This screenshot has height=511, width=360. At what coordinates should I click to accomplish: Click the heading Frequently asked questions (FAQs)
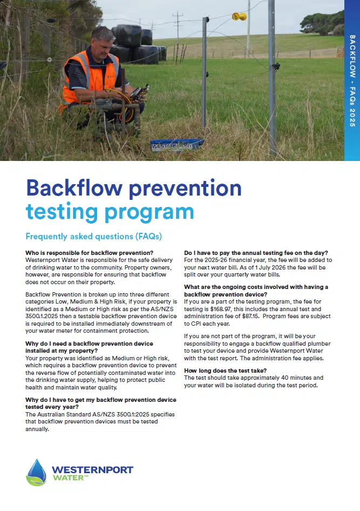94,237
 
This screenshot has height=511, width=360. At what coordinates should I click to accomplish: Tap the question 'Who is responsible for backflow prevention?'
89,252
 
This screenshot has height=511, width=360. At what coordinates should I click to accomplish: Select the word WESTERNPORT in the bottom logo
92,469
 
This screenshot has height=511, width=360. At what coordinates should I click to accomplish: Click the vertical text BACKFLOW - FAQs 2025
352,81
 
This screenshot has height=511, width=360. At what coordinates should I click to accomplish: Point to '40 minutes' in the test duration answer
294,378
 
